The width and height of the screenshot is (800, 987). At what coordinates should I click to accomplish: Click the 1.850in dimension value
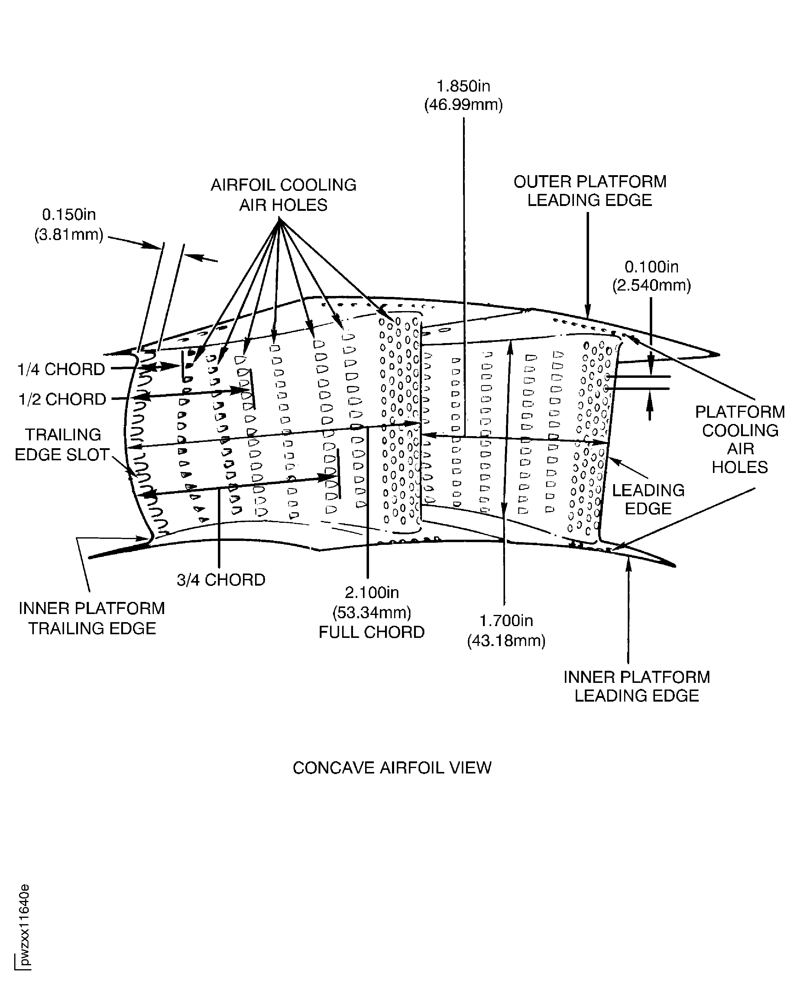click(463, 86)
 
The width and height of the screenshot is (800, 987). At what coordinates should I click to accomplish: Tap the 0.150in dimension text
click(69, 215)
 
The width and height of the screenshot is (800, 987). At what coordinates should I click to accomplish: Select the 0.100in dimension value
click(651, 267)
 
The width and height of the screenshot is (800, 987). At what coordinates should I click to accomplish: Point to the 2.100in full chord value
click(371, 592)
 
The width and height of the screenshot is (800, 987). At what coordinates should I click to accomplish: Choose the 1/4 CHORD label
click(61, 369)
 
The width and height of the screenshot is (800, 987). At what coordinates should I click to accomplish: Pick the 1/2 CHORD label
click(62, 399)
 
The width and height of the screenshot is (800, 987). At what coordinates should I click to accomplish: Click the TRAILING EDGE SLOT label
click(62, 445)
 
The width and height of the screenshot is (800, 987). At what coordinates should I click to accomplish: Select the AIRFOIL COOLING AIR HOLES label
click(283, 195)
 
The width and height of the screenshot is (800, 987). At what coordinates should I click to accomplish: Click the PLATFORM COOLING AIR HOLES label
click(740, 439)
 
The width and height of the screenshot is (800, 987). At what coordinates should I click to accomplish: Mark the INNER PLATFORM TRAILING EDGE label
click(92, 619)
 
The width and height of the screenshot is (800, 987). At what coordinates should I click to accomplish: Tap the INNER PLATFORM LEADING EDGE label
click(636, 686)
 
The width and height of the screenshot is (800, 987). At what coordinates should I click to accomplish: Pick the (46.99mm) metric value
click(463, 105)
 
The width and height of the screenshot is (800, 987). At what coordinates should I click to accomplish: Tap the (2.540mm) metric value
click(651, 285)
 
